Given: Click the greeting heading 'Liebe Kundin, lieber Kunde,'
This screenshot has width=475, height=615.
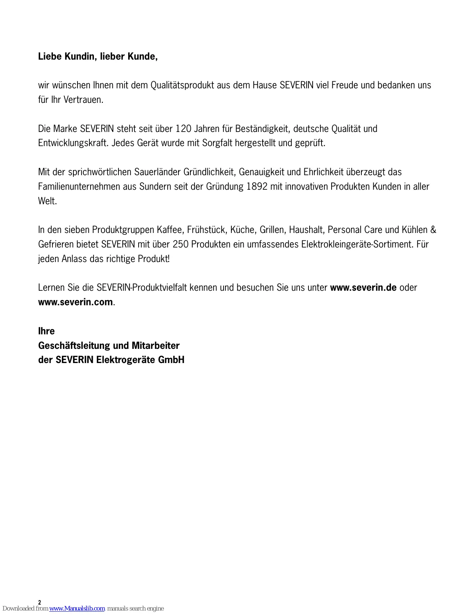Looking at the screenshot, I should pos(98,56).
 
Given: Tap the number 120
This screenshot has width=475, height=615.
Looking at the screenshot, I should pos(183,129).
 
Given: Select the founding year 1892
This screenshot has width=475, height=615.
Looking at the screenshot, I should pos(257,186).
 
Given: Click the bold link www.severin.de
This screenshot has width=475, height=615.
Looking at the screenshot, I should pos(363,288).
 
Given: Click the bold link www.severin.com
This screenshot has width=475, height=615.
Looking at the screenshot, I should pos(75,302).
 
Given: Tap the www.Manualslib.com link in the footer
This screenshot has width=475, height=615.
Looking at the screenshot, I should pos(77,608).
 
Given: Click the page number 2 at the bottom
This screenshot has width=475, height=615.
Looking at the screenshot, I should pos(40,602).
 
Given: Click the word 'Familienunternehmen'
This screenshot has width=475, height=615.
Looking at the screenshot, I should pos(79,186).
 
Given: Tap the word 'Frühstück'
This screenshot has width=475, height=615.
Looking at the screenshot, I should pos(207,230).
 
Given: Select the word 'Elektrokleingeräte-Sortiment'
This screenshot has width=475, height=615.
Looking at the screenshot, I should pos(357,245).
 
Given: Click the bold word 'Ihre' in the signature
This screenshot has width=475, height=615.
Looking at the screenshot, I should pos(46,331).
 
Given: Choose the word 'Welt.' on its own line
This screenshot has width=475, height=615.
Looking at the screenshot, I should pos(47,201).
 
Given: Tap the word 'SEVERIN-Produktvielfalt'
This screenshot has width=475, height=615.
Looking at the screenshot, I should pos(142,288).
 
